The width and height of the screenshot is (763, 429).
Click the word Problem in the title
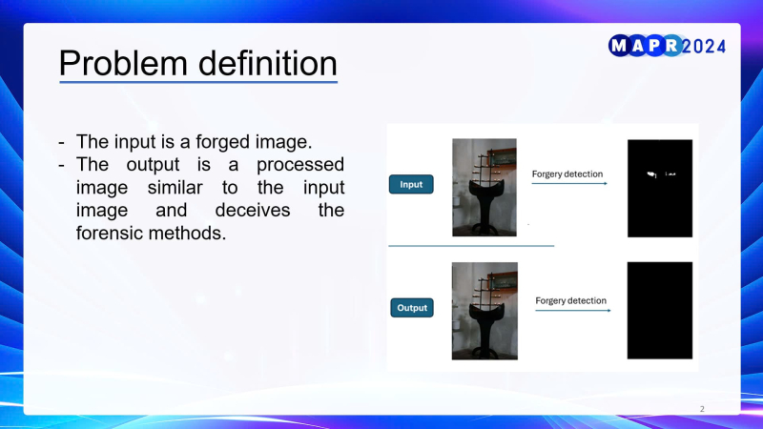123,64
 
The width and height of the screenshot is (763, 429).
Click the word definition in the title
268,63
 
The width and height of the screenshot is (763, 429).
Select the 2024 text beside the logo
704,47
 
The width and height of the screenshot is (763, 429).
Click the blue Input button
411,184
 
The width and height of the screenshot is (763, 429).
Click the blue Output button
412,308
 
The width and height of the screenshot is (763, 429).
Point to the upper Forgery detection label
567,174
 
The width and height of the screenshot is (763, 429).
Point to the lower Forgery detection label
570,300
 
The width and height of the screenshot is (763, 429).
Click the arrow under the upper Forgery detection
569,183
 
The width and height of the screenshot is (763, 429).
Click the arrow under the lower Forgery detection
573,311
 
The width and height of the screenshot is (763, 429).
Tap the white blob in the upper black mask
652,174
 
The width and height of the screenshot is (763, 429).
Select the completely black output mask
660,311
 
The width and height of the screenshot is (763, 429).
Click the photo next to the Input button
485,188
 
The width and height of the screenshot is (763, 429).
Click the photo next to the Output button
485,312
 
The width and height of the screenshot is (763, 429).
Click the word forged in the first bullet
223,142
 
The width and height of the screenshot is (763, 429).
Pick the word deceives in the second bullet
253,210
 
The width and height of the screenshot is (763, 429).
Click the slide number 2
702,409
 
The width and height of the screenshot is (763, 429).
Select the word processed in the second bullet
300,165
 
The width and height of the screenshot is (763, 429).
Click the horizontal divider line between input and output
471,246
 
